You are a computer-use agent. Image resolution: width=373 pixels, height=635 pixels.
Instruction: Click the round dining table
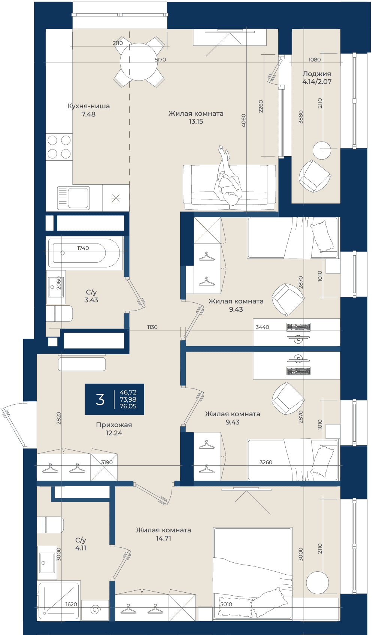139,61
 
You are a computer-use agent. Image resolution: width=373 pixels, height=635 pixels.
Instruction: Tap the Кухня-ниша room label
88,106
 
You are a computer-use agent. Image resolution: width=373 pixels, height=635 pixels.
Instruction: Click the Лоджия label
316,74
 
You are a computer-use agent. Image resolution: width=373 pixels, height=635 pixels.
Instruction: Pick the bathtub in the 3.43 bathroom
85,253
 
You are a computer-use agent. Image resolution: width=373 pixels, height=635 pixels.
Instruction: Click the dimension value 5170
160,60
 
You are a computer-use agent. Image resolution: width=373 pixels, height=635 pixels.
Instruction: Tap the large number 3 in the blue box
100,399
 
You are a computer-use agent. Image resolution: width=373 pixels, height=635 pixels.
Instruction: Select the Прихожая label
114,425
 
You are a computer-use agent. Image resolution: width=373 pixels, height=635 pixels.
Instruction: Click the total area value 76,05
128,406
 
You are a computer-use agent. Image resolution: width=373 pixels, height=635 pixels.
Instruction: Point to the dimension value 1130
152,327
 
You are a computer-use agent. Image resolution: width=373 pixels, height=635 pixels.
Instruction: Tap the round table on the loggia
322,150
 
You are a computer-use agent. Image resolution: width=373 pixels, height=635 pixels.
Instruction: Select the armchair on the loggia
315,176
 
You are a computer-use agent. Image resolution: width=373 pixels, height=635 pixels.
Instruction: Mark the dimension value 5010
226,604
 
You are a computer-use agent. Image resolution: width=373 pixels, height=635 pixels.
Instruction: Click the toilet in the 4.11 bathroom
50,525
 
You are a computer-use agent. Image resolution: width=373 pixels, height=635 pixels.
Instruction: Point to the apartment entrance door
13,425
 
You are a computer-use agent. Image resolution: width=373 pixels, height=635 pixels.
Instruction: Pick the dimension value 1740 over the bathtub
83,248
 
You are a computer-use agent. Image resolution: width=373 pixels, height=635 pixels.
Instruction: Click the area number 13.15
196,121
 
